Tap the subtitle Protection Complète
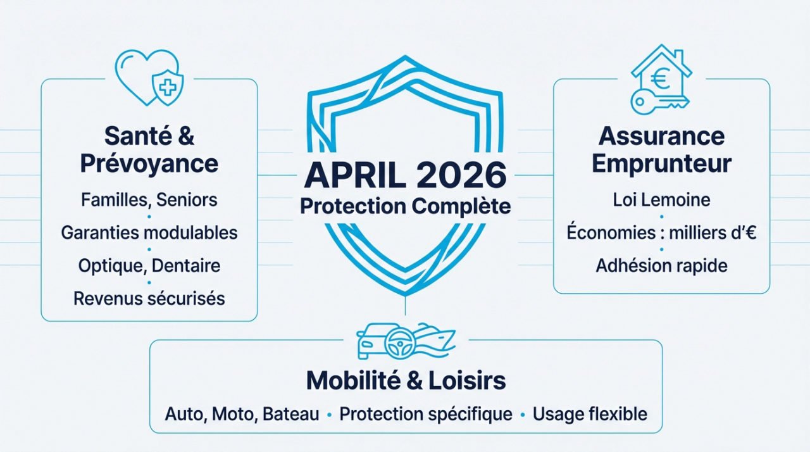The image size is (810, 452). point(405,206)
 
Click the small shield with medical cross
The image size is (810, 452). point(166,87)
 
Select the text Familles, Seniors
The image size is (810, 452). point(149,200)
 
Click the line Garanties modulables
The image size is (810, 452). point(149,233)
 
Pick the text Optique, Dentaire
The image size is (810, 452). point(149,265)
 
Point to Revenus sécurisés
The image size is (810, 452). point(149,298)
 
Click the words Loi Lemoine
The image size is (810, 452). point(661,200)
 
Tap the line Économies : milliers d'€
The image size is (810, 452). point(661,233)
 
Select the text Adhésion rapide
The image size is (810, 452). point(661,266)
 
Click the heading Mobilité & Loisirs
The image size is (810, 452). point(406,380)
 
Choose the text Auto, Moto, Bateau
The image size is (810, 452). point(242,415)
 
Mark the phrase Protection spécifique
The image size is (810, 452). point(426,415)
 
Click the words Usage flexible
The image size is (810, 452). point(590,415)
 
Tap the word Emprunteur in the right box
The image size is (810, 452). point(661,163)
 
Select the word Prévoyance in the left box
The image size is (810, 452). point(149,163)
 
